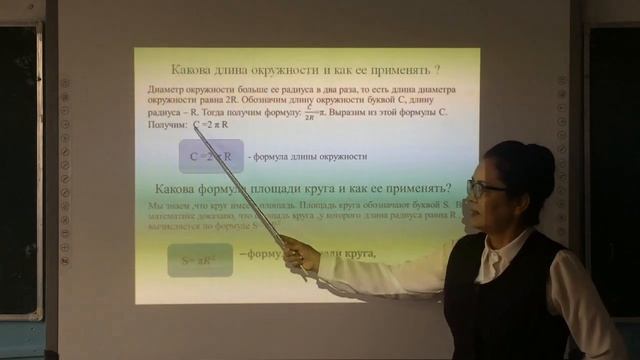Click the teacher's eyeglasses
coord(486,187)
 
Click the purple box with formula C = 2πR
coord(210,156)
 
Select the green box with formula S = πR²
coord(199,260)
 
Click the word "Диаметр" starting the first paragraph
coord(165,90)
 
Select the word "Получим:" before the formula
coord(166,126)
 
